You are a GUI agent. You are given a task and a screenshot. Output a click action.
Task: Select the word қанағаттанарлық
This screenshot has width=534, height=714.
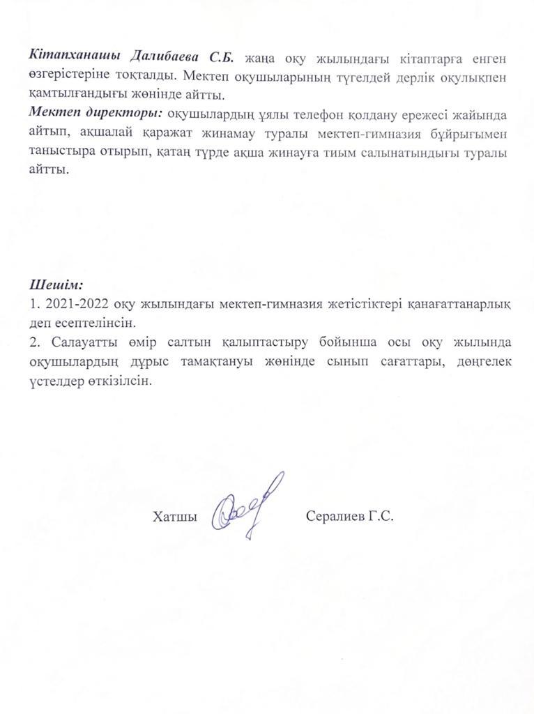(454, 304)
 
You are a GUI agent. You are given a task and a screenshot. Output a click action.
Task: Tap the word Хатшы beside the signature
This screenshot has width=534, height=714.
(171, 517)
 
